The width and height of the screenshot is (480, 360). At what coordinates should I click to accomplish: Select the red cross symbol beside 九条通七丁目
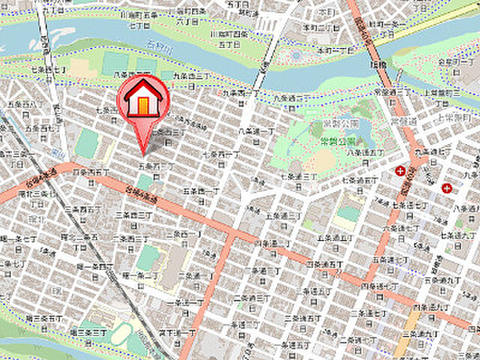click(x=401, y=172)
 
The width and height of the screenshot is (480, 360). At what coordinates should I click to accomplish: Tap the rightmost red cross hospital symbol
click(x=448, y=187)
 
